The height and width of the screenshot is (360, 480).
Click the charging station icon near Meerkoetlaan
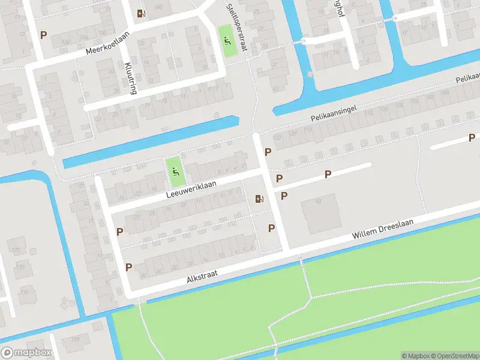(140, 13)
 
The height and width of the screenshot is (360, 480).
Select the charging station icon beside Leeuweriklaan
(259, 199)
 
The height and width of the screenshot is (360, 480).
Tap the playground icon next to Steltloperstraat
(226, 41)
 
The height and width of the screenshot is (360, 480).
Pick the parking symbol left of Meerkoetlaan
(43, 35)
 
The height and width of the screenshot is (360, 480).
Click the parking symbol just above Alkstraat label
(128, 266)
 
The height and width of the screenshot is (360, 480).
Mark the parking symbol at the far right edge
(472, 138)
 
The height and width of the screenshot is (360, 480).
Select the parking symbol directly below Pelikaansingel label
(268, 152)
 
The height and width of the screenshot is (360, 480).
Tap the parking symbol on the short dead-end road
(328, 174)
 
